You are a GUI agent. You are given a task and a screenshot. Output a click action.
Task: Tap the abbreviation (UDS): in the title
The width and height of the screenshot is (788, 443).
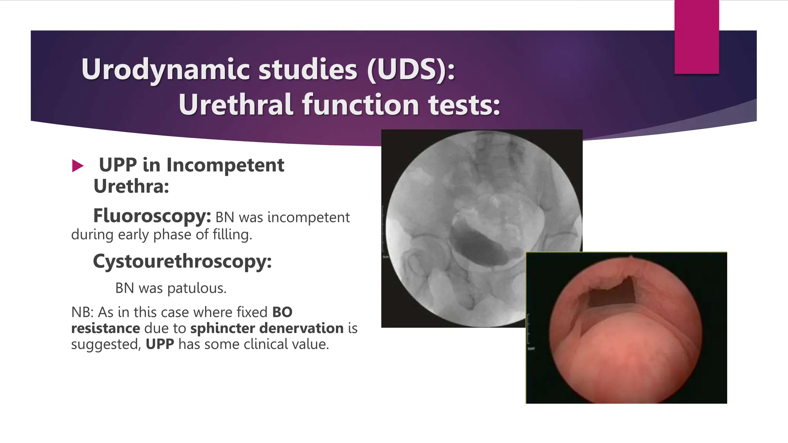[411, 70]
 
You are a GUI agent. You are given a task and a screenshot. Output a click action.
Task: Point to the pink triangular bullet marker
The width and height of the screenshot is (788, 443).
[77, 166]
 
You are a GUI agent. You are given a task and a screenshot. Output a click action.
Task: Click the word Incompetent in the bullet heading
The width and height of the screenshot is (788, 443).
[225, 165]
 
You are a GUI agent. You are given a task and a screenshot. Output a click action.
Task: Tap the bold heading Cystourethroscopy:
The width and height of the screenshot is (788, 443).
[182, 261]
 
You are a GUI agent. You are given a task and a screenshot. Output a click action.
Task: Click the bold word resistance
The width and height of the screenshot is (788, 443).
[105, 328]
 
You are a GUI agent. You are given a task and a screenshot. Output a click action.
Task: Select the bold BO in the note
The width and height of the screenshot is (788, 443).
[282, 312]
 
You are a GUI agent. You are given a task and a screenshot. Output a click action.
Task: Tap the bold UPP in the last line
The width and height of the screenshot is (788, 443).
[160, 344]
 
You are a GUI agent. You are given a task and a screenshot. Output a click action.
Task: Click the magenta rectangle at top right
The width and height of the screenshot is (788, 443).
[696, 37]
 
